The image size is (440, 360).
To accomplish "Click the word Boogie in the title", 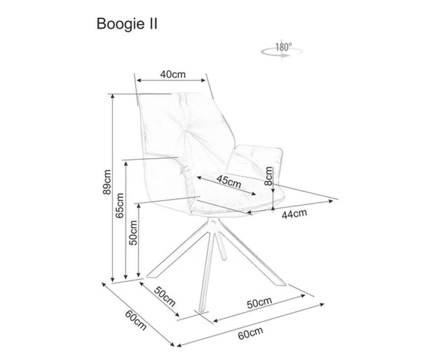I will pos(116,24).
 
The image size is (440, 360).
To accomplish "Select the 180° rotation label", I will pos(284,47).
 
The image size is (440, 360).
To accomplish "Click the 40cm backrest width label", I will pos(172,74).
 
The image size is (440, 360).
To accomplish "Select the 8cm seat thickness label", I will pos(268,176).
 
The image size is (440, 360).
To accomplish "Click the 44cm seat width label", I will pos(294,214).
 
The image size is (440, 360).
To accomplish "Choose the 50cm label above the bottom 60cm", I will pos(259,301).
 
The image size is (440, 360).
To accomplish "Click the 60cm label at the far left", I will pos(135,320).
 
